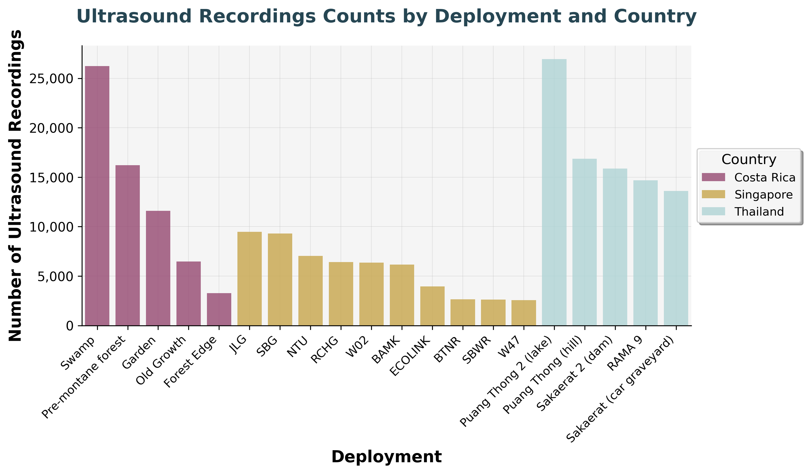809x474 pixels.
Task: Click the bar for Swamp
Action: coord(97,196)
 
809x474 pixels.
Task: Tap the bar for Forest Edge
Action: coord(219,309)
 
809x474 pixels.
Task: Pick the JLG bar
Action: coord(249,279)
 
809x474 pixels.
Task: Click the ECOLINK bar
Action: coord(432,306)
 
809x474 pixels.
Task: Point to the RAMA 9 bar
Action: coord(646,253)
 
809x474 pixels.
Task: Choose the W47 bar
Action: coord(523,313)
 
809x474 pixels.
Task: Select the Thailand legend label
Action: coord(759,212)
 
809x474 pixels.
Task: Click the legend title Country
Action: coord(749,160)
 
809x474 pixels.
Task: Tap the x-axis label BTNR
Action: coord(447,351)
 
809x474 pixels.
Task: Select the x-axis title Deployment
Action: coord(386,457)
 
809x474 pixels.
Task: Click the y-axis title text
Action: coord(15,186)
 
